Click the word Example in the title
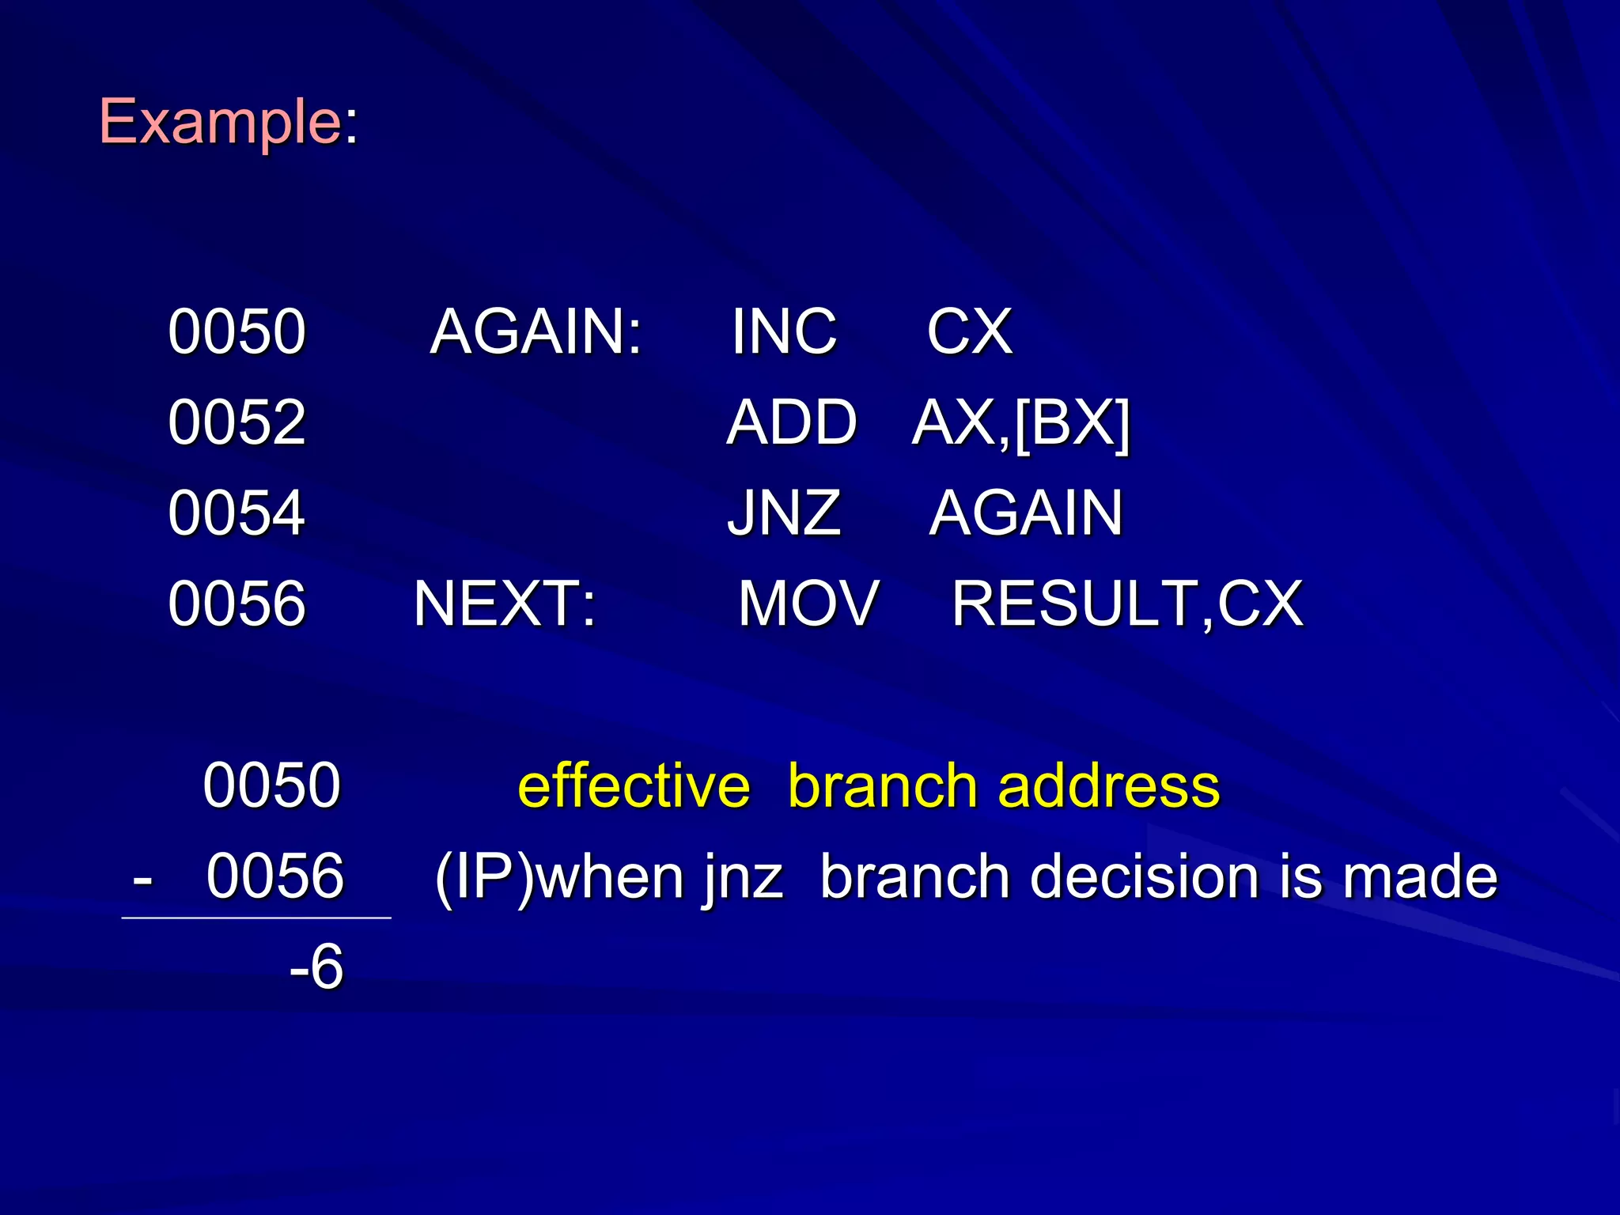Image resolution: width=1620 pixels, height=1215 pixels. (219, 122)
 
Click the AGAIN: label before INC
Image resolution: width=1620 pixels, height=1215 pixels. (536, 331)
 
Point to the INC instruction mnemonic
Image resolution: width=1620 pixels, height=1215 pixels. (783, 331)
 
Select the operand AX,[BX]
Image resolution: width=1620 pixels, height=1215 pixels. (1020, 423)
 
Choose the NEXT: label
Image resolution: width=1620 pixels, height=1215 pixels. (505, 604)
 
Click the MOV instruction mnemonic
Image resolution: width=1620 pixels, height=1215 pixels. (808, 604)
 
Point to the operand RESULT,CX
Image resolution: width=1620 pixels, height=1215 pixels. (1126, 604)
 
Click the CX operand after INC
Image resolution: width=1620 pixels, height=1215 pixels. (969, 331)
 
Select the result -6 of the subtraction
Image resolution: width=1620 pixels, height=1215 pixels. (316, 967)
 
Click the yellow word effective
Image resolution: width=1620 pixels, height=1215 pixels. (634, 786)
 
